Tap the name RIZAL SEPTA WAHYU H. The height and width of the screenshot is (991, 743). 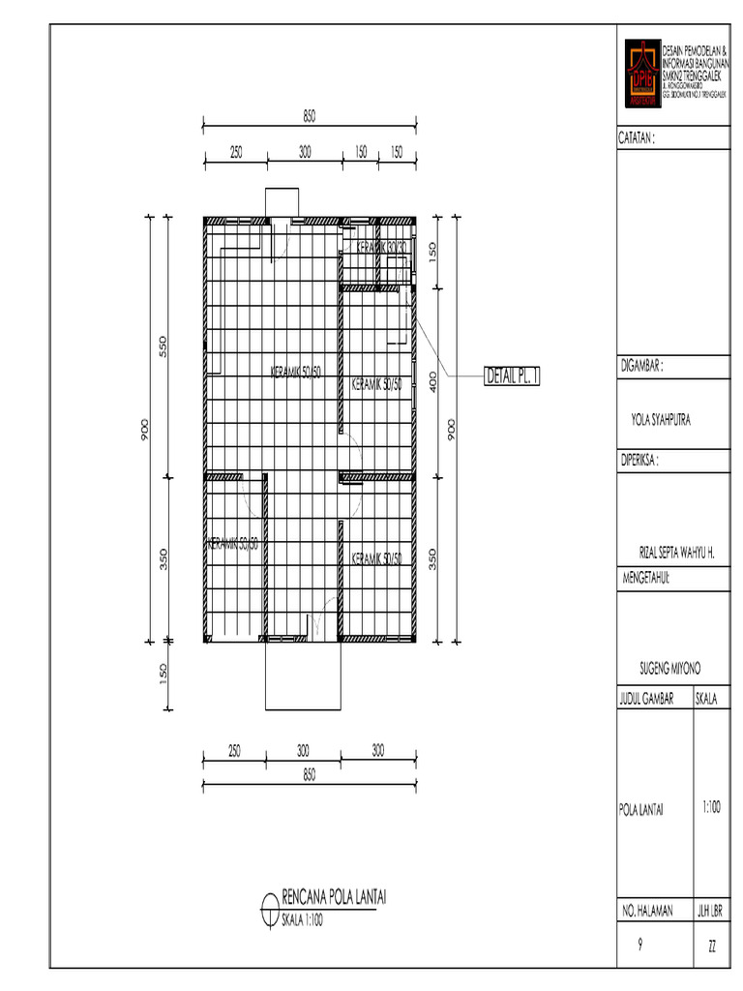[670, 553]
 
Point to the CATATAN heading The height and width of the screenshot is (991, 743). [638, 138]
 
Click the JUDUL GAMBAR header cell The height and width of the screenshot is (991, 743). [653, 699]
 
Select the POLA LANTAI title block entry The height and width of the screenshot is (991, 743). [641, 810]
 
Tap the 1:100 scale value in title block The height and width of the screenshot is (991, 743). [712, 805]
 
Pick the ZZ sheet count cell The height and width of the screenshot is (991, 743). [712, 946]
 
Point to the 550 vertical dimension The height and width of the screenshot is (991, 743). [164, 346]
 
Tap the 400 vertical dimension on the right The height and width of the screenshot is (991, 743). [434, 382]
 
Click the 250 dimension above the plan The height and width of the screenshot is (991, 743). [235, 152]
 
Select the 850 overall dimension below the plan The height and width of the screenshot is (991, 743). [309, 774]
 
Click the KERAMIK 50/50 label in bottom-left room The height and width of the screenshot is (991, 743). [233, 546]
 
